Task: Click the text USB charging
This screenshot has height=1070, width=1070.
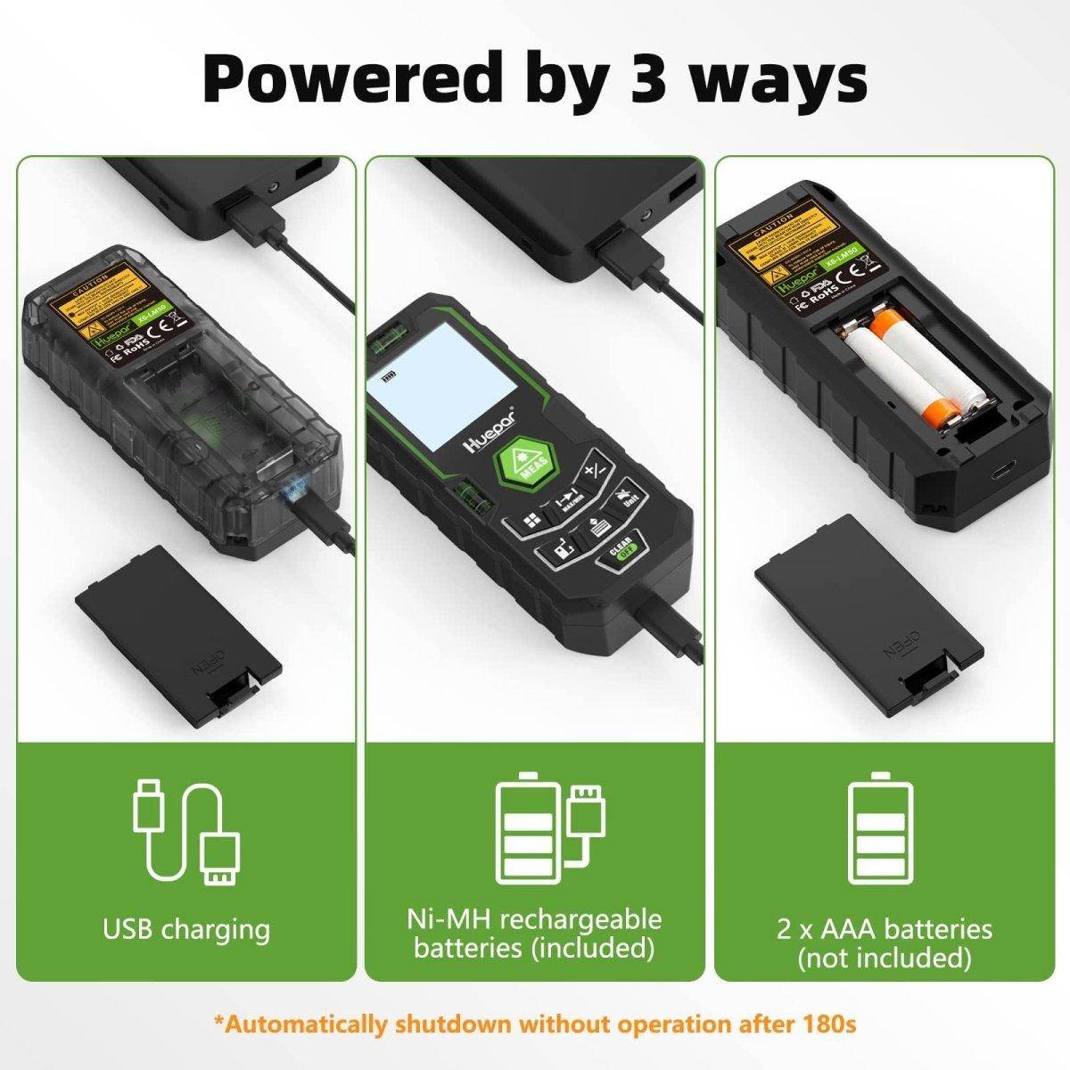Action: coord(186,929)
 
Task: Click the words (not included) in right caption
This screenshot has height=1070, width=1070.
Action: coord(884,958)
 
